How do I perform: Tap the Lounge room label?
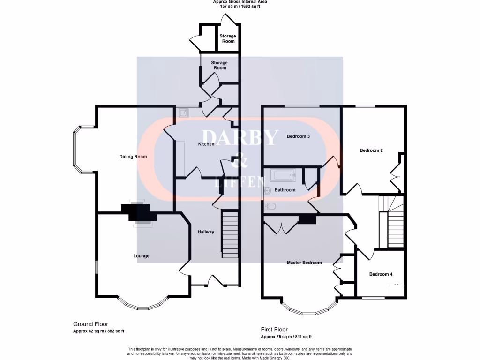pyautogui.click(x=141, y=256)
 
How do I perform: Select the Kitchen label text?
pyautogui.click(x=206, y=144)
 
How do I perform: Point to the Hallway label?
pyautogui.click(x=206, y=232)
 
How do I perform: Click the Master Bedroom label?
pyautogui.click(x=304, y=262)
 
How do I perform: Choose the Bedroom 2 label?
pyautogui.click(x=371, y=150)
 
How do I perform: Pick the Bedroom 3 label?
pyautogui.click(x=298, y=136)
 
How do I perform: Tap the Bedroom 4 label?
pyautogui.click(x=381, y=274)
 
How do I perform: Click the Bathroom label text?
pyautogui.click(x=285, y=190)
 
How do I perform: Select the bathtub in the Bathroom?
pyautogui.click(x=283, y=176)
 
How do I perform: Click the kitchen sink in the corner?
pyautogui.click(x=183, y=112)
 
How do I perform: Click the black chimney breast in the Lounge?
pyautogui.click(x=139, y=212)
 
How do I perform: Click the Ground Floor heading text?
pyautogui.click(x=90, y=324)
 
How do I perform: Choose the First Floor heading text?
pyautogui.click(x=274, y=330)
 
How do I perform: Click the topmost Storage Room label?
pyautogui.click(x=228, y=38)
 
